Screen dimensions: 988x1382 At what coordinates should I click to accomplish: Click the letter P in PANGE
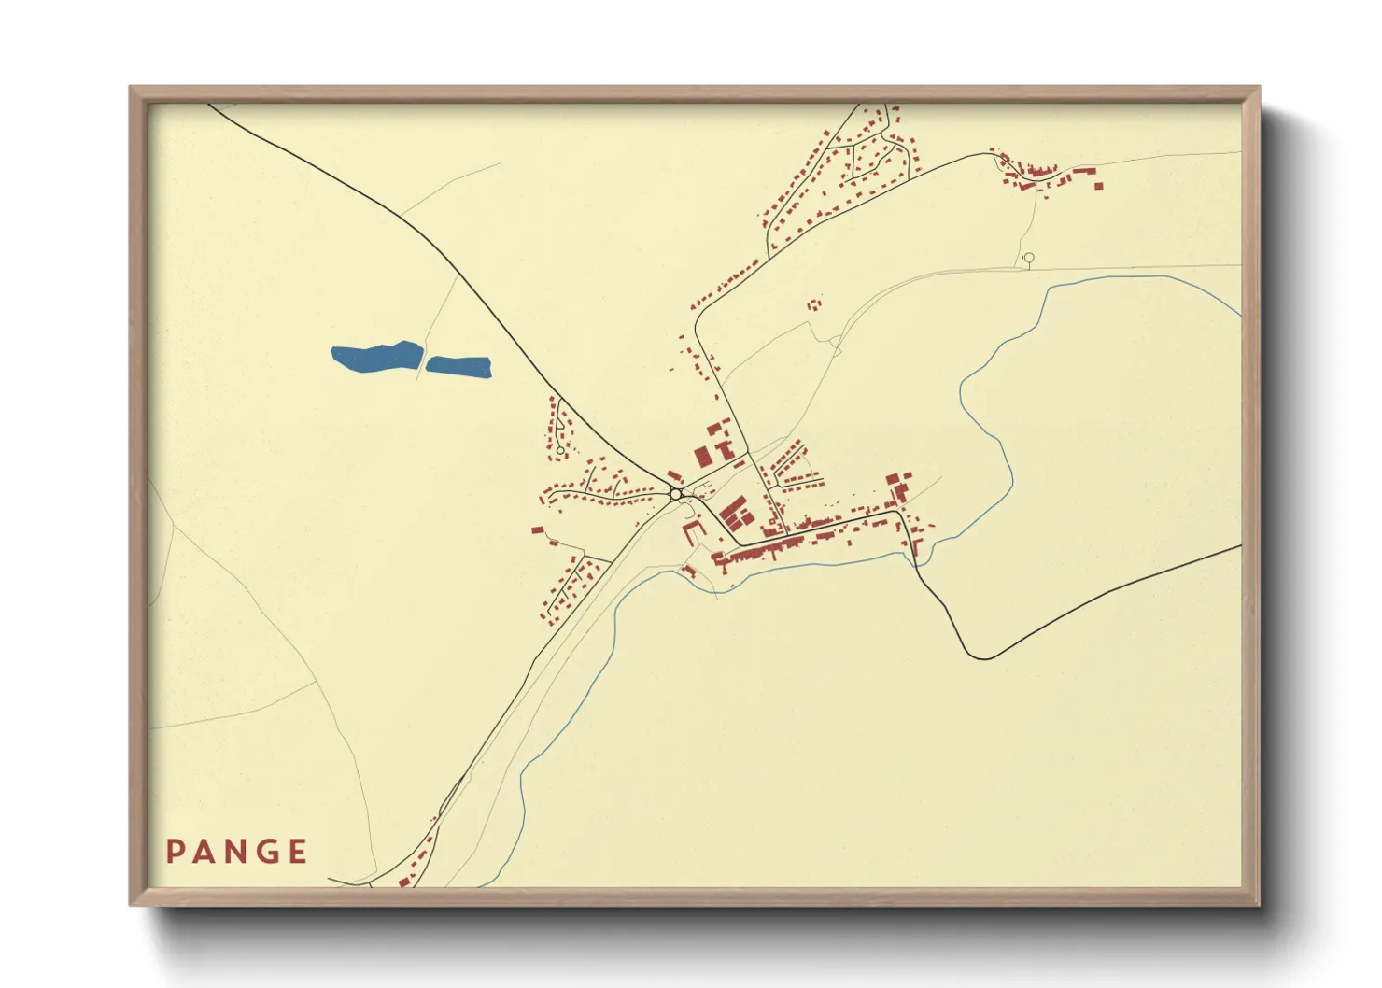pos(175,852)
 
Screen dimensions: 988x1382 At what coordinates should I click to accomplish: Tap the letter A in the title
pos(204,852)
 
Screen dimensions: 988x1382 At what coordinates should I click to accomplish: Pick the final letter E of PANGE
pos(298,852)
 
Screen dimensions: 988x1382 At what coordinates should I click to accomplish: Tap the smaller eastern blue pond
pos(458,366)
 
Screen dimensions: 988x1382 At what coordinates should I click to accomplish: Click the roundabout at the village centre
pos(675,494)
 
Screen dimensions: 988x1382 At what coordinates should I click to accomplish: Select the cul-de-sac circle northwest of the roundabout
pos(559,451)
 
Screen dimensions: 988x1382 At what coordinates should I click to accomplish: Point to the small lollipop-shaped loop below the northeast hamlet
pos(1029,258)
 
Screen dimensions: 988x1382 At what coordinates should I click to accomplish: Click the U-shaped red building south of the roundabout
pos(693,530)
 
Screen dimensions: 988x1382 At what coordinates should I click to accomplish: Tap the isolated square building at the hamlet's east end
pos(1099,186)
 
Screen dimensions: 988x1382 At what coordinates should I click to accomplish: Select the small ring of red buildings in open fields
pos(815,304)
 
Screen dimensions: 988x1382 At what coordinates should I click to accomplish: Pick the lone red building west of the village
pos(537,530)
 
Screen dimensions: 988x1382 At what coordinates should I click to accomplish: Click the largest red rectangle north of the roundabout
pos(702,457)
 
